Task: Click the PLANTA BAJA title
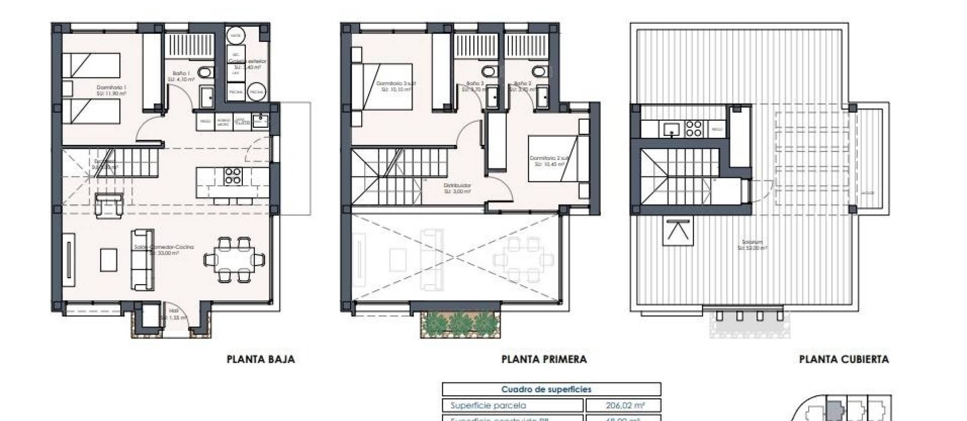[260, 359]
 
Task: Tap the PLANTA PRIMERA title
[544, 359]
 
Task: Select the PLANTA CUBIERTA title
[844, 359]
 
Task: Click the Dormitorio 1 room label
[111, 90]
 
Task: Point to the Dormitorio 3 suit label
[396, 86]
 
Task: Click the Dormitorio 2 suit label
[549, 161]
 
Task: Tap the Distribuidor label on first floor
[457, 188]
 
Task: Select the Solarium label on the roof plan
[752, 245]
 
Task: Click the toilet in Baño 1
[204, 73]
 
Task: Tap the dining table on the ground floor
[235, 260]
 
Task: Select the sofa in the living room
[143, 260]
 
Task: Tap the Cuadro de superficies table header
[551, 389]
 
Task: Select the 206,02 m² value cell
[623, 405]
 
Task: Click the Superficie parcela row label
[488, 405]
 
